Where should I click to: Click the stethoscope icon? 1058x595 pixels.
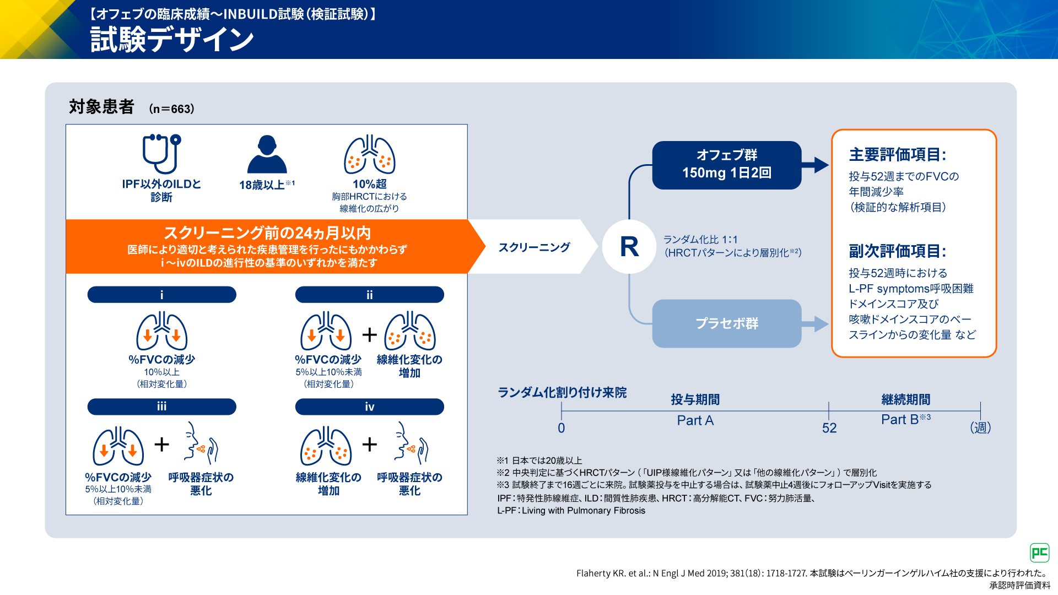tap(161, 154)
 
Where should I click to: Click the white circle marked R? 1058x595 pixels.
tap(629, 247)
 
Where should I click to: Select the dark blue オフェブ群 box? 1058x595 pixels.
tap(726, 165)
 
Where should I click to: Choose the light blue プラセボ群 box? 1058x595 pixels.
tap(726, 323)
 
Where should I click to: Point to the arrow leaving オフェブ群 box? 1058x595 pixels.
tap(816, 165)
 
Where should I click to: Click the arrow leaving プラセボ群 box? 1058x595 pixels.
tap(816, 323)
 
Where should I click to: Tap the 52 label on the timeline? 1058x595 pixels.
tap(829, 428)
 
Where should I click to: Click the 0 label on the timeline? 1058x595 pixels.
tap(561, 428)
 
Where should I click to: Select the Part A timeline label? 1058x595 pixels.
tap(695, 420)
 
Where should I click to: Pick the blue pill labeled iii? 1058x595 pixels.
tap(161, 407)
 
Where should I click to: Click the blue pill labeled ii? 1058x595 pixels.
tap(369, 295)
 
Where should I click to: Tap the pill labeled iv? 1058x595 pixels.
tap(369, 407)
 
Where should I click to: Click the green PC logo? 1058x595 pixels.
tap(1039, 553)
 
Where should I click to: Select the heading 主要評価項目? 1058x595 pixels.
tap(897, 155)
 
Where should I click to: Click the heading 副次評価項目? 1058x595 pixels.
tap(897, 251)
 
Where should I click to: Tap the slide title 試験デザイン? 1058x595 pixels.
tap(172, 40)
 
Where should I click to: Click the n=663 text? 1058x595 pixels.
tap(171, 109)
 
